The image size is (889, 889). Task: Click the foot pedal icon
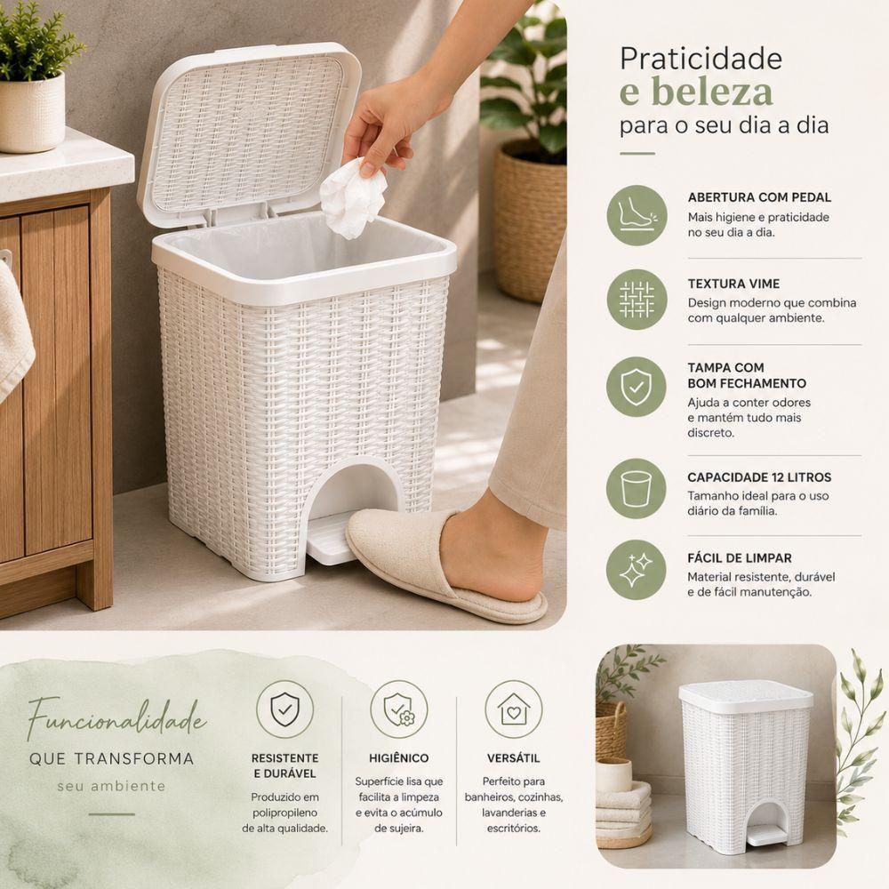point(637,215)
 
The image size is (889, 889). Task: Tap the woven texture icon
point(637,300)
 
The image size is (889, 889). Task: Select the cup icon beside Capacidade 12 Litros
point(637,489)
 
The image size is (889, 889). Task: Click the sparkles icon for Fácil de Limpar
point(637,570)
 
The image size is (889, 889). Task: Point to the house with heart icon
point(514,709)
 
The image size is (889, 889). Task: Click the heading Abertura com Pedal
point(759,197)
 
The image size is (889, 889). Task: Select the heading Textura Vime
point(733,284)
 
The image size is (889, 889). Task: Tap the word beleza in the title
point(711,92)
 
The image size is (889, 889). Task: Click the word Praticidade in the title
point(701,59)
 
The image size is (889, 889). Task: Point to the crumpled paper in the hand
point(353,198)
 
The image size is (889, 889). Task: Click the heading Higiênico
point(398,758)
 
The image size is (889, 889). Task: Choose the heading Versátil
point(513,758)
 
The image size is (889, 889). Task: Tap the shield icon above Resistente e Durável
point(284,709)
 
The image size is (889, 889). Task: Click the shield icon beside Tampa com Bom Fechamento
point(637,387)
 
